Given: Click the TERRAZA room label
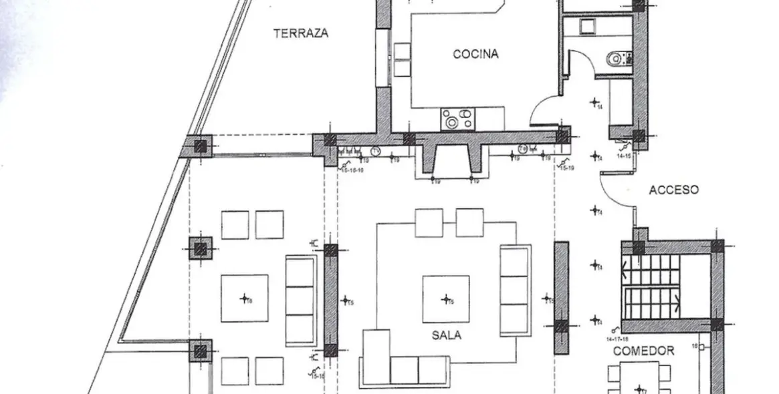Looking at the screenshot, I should (x=301, y=33).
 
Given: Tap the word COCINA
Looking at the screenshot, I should (x=475, y=54).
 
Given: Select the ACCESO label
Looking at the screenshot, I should (x=673, y=190).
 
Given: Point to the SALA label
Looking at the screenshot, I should (x=446, y=335).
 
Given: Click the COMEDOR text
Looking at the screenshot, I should (x=643, y=351).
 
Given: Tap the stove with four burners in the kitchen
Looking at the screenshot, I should (x=458, y=119).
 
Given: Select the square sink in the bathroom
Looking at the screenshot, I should (x=587, y=27).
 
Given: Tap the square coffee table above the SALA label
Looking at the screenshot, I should (x=445, y=299).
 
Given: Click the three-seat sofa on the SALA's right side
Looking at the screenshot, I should (x=515, y=290).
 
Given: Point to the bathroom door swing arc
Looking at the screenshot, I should (x=580, y=67).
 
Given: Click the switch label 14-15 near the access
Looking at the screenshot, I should (x=624, y=156).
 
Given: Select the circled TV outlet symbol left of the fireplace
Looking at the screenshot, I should (x=375, y=151).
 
